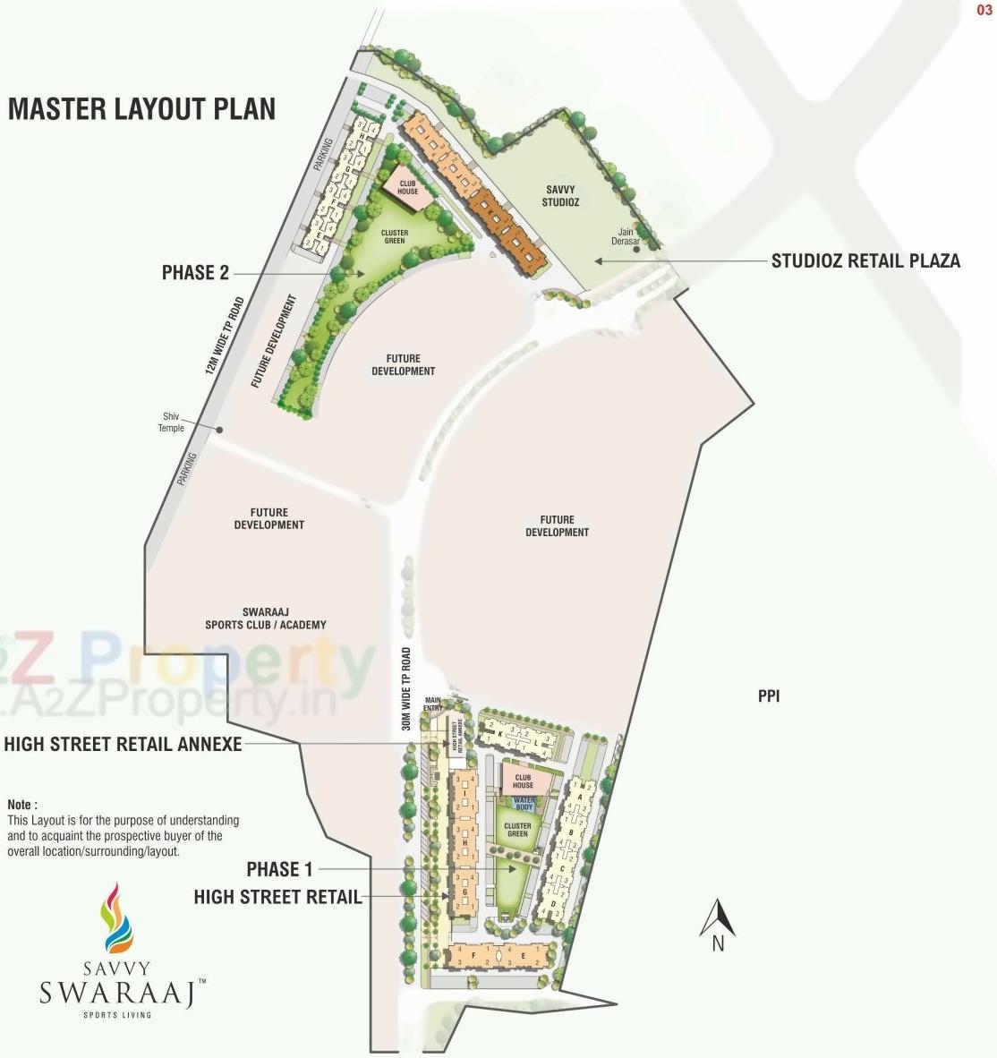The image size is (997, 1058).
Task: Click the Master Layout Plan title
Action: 141,109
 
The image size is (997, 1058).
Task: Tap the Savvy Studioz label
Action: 560,196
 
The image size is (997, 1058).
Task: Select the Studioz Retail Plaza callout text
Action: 865,261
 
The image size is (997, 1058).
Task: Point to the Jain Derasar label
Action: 626,237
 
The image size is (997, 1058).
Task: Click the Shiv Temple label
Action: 171,422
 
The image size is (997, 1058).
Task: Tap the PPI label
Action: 769,695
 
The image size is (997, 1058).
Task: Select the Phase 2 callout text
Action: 195,273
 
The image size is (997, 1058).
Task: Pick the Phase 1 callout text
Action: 279,869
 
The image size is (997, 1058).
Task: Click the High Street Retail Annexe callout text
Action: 123,744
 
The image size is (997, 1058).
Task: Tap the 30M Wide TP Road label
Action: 406,689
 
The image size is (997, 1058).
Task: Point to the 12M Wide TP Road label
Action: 224,336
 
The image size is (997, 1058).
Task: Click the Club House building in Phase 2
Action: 407,187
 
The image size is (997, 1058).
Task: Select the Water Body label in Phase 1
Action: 524,804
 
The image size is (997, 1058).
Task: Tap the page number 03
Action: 984,11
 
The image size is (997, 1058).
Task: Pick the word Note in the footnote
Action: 21,805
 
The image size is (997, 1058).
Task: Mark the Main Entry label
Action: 433,704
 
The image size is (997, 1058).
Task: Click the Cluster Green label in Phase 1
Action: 517,830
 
